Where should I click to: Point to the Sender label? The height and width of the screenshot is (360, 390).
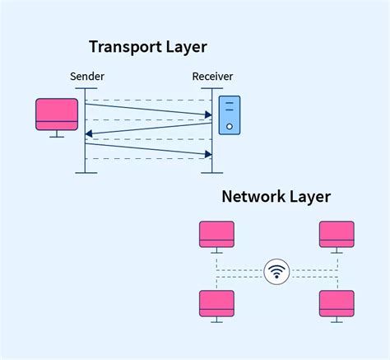click(x=86, y=77)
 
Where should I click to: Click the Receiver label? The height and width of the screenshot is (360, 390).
click(x=212, y=77)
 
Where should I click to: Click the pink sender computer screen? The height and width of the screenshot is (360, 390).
click(x=57, y=113)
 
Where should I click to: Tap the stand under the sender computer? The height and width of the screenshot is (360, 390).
click(x=57, y=134)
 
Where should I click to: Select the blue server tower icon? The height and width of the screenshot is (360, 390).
click(x=230, y=115)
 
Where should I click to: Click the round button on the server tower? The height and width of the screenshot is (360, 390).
click(x=230, y=128)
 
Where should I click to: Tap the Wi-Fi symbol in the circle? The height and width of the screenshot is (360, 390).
click(x=277, y=270)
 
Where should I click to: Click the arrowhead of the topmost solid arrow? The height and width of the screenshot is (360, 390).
click(x=208, y=115)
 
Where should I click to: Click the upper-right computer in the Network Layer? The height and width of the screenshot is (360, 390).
click(x=337, y=234)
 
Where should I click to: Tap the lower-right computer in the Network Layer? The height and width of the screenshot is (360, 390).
click(x=337, y=303)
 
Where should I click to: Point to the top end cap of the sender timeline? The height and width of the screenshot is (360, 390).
click(x=86, y=87)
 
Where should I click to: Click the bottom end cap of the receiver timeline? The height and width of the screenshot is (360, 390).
click(x=212, y=172)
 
